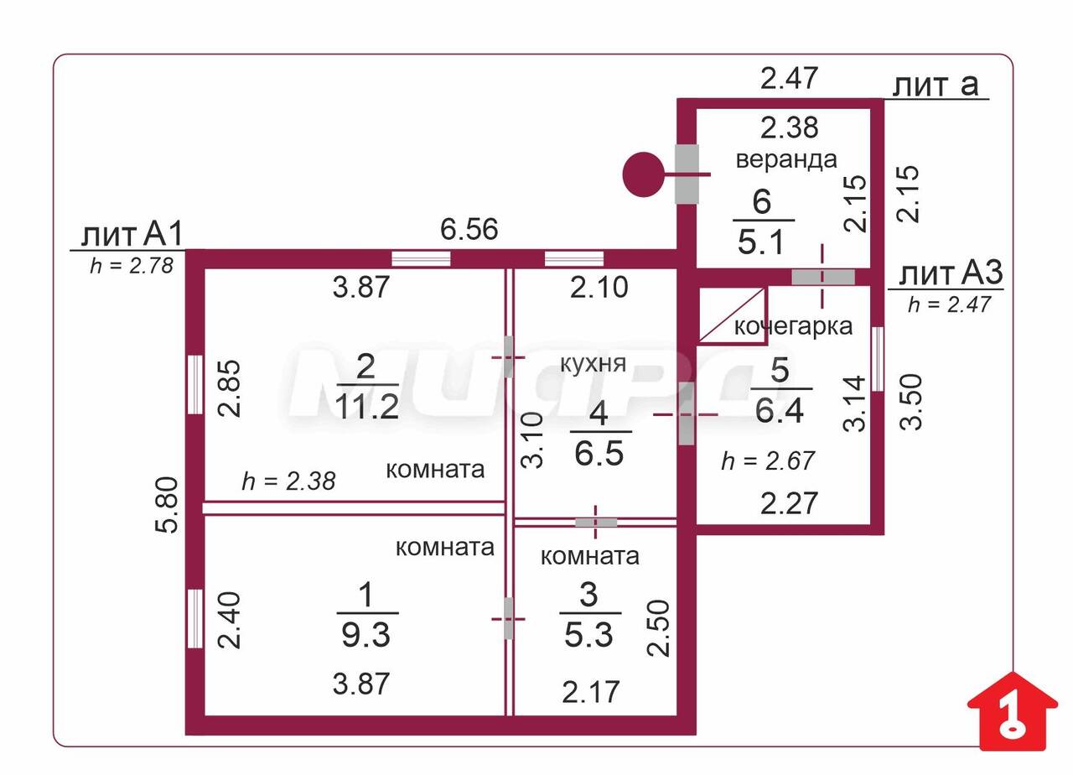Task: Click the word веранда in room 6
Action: [786, 159]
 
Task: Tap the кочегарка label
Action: [793, 326]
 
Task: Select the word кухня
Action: [594, 363]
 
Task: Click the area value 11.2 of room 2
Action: [366, 407]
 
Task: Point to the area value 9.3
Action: [366, 636]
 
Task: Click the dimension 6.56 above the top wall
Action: [469, 229]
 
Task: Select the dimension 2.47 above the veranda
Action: [788, 78]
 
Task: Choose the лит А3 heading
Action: [951, 274]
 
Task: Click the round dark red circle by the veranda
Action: [643, 174]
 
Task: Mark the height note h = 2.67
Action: [768, 460]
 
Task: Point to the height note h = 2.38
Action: [288, 481]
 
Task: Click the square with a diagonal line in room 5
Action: [732, 315]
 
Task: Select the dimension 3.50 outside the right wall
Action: [911, 402]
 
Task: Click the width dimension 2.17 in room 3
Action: [591, 692]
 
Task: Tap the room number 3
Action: [588, 595]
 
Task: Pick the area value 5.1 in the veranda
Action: [761, 242]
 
